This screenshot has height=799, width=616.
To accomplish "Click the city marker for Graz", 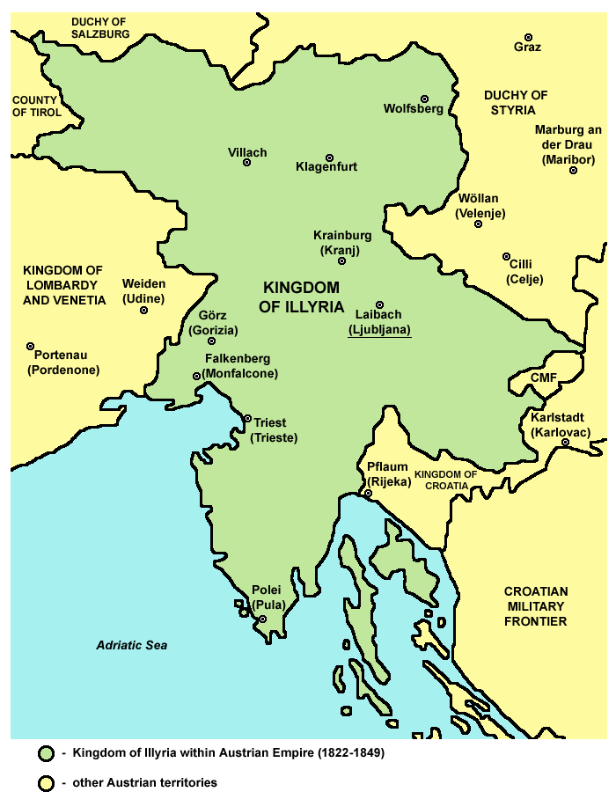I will coord(528,37).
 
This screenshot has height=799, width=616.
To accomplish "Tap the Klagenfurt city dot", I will coord(330,158).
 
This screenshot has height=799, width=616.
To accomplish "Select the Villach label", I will coord(247,150).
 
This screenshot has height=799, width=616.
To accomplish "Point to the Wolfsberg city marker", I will coord(424,99).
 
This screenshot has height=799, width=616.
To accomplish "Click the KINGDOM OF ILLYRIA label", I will coord(302,297).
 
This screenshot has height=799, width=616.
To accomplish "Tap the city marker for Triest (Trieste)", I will coord(247,419).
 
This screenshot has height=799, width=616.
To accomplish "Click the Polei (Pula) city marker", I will coord(262,619).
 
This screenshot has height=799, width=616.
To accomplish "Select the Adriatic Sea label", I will coord(132,645).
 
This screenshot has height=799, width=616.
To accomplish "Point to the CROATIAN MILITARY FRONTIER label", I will coord(536,606).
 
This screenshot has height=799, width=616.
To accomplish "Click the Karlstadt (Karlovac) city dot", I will coord(565,442).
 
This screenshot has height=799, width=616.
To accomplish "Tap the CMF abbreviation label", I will coord(543,378).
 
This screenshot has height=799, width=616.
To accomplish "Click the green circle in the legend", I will coord(47,754).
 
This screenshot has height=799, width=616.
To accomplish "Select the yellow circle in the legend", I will coord(47,781).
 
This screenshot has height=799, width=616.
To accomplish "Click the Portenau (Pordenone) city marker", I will coord(30,347).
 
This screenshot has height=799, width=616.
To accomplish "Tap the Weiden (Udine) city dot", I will coord(144,309).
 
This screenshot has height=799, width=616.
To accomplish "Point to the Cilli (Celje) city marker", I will coord(506,257).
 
